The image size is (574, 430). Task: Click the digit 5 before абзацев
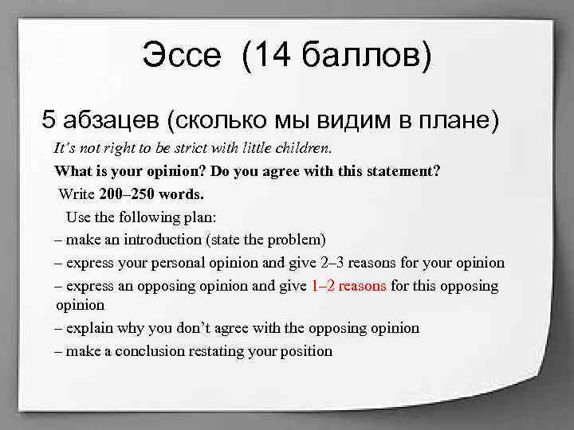(x=49, y=120)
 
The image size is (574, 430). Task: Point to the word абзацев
(x=111, y=120)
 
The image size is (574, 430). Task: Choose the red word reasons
(x=363, y=285)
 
